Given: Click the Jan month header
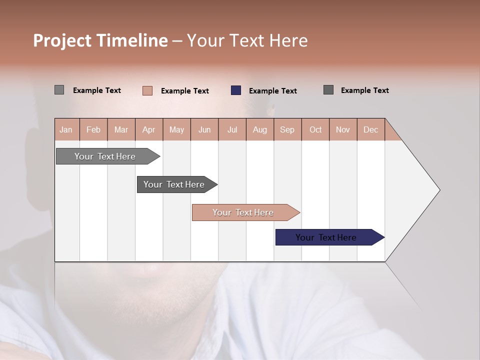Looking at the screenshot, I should coord(66,129).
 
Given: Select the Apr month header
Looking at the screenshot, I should coord(149,129).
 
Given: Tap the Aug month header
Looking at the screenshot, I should coord(260,129).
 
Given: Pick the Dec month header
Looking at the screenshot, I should coord(371,129).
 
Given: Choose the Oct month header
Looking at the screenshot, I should coord(315,129).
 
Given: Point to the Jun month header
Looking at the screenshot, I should coord(204,129).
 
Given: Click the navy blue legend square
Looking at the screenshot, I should coord(236,90).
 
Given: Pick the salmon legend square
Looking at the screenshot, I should coord(147,90).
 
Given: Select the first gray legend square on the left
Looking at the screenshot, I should coord(59,90).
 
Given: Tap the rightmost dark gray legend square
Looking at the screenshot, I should coord(328,90).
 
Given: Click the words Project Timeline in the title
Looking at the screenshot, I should coord(100,40).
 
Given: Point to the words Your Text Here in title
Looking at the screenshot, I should coord(247,40).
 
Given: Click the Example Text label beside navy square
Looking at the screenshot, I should coord(273,91).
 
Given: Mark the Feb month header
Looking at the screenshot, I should coord(93,129).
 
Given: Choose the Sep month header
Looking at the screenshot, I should coord(287,129).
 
